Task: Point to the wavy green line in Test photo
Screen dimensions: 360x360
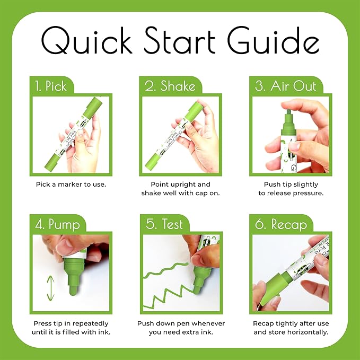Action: pyautogui.click(x=167, y=268)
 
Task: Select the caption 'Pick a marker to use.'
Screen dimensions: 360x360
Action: pyautogui.click(x=71, y=185)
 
